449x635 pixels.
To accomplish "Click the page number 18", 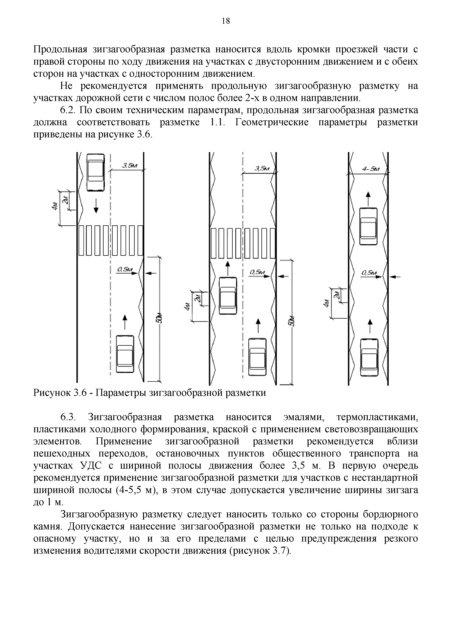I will (226, 21).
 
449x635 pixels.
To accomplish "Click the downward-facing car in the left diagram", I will (96, 172).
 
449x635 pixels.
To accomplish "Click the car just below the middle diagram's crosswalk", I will (228, 296).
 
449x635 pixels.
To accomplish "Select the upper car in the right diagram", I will (368, 226).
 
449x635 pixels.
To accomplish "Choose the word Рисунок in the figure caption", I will (51, 393).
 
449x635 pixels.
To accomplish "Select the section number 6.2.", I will (68, 110).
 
